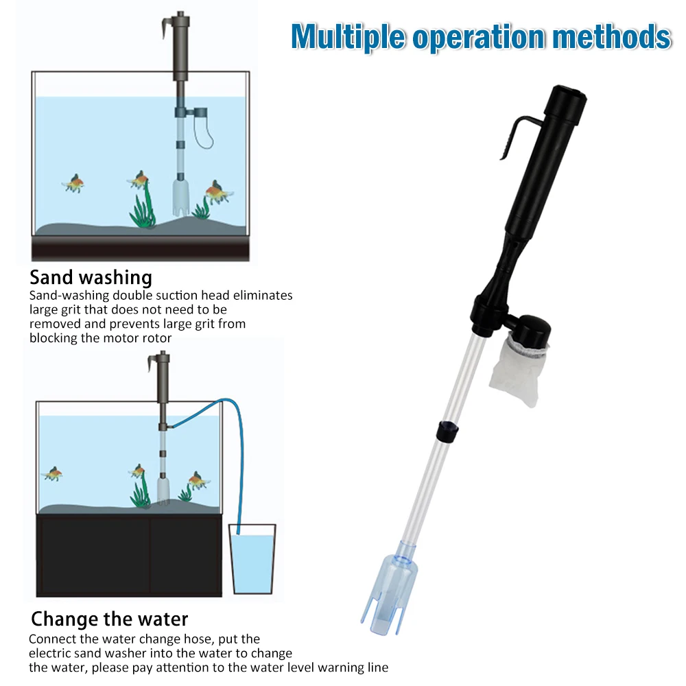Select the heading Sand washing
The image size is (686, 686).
coord(91,278)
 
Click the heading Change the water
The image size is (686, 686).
coord(109,619)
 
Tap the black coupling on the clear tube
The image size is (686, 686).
coord(447,431)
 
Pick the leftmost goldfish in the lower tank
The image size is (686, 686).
coord(52,473)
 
